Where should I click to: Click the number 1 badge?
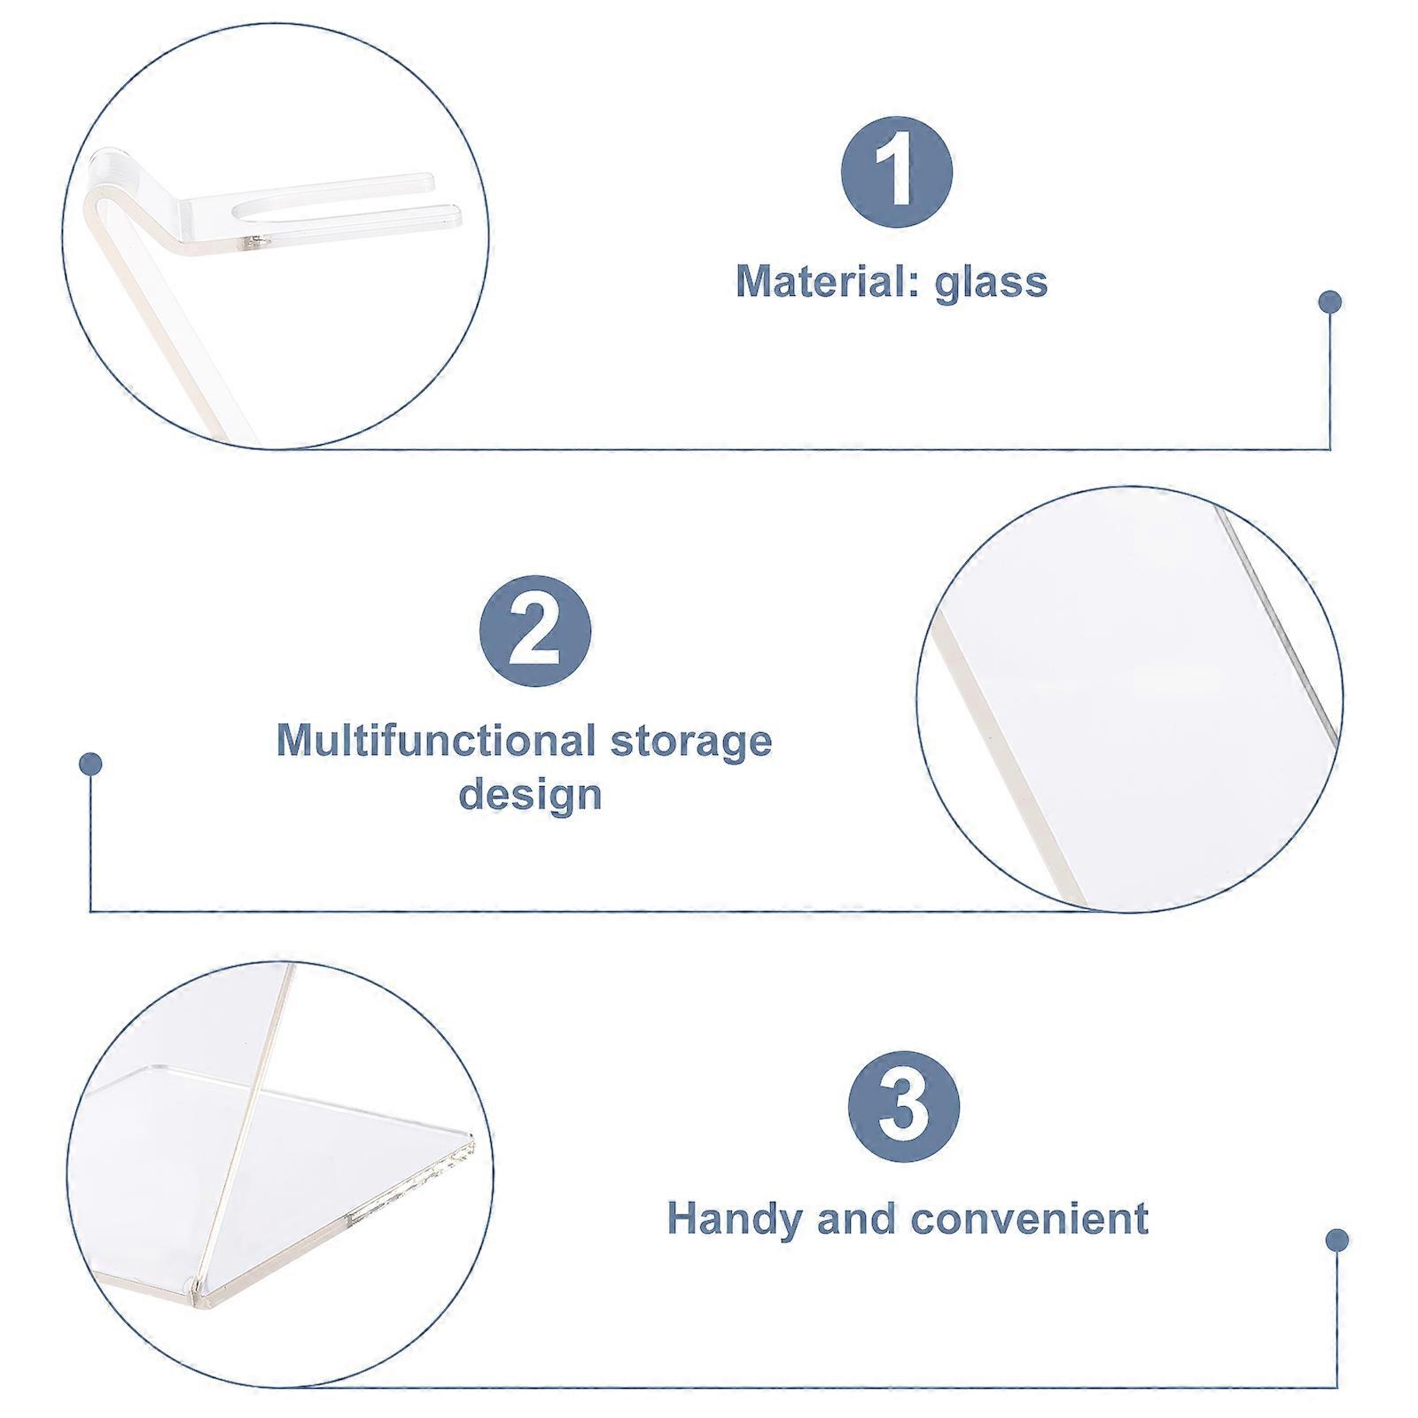pos(896,172)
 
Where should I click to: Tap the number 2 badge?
pos(535,631)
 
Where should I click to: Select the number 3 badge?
pos(904,1107)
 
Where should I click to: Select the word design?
pos(530,794)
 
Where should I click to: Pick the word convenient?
pos(1030,1218)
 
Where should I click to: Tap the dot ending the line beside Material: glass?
pos(1329,302)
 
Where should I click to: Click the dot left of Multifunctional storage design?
pos(90,764)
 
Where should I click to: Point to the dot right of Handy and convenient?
pos(1337,1240)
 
